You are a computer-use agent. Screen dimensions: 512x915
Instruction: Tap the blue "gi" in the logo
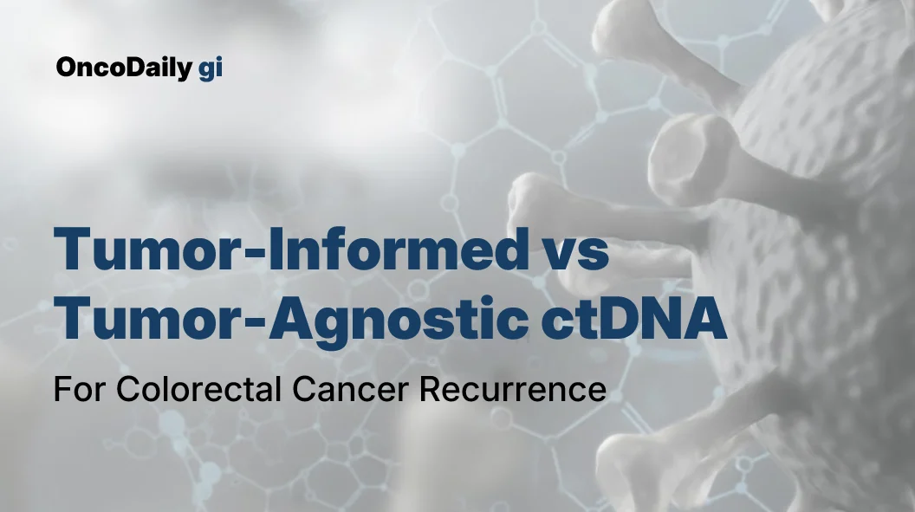[211, 69]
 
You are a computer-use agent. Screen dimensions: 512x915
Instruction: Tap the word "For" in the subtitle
[79, 389]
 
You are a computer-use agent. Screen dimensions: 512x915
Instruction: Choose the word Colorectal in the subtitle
[199, 389]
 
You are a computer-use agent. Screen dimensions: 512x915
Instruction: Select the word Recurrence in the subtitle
[512, 389]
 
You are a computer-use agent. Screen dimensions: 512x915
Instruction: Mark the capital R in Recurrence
[431, 389]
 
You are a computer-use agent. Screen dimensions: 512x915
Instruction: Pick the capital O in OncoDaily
[66, 68]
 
